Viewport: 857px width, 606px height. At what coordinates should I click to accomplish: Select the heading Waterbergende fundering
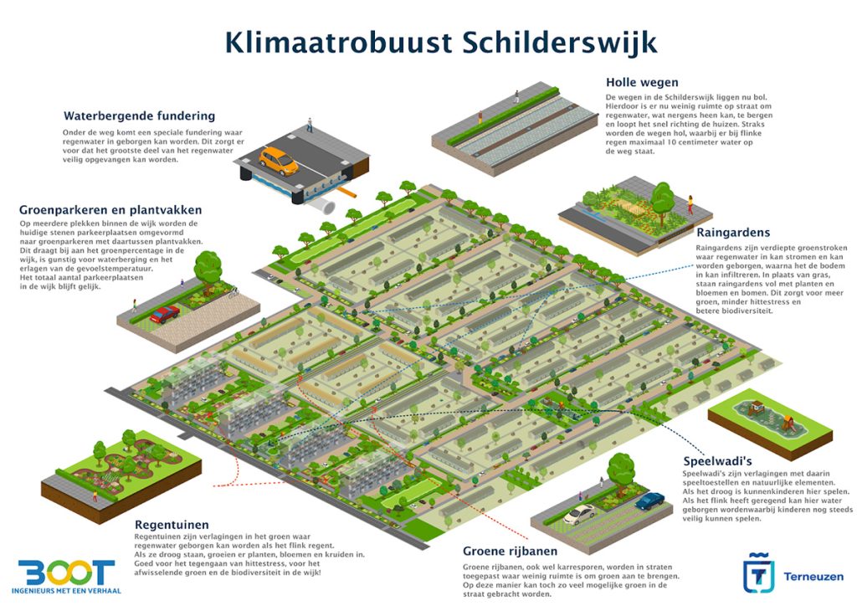(x=139, y=116)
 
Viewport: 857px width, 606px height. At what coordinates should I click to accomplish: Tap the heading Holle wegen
(x=642, y=82)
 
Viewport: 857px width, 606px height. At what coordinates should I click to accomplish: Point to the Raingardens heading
(x=733, y=232)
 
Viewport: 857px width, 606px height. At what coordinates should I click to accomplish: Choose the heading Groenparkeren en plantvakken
(x=110, y=209)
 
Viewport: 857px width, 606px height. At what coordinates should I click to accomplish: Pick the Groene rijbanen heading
(x=510, y=552)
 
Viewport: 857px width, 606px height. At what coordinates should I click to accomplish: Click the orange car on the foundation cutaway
(x=278, y=160)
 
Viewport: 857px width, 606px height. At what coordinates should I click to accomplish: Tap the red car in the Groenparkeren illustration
(x=165, y=314)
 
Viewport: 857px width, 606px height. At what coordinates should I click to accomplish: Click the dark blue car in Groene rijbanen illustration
(x=649, y=501)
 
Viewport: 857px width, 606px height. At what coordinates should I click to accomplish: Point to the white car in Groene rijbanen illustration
(x=578, y=513)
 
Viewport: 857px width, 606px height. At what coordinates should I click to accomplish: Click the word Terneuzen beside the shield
(x=813, y=577)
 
